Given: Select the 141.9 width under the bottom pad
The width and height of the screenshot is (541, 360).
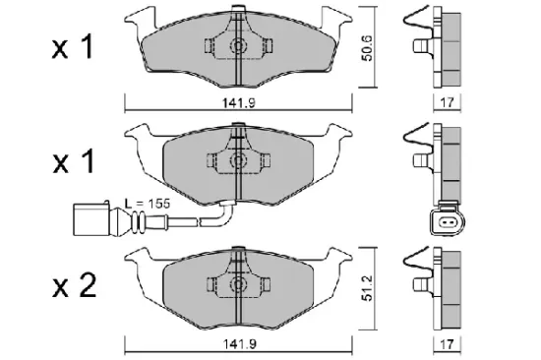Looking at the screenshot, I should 238,343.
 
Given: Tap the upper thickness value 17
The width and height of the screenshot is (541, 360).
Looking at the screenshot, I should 446,101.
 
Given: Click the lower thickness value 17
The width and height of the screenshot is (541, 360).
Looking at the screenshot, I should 446,343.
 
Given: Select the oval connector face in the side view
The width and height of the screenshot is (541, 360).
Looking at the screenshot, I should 446,225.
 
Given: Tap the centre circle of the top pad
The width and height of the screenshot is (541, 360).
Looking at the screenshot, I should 237,46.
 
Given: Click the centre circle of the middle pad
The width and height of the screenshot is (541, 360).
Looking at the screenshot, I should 237,161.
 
